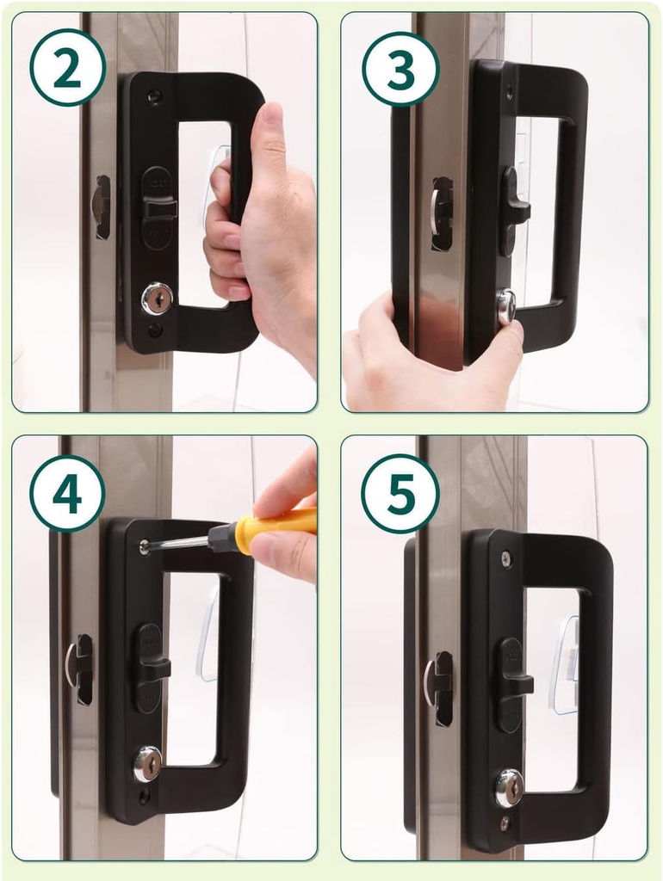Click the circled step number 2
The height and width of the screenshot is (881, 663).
(67, 67)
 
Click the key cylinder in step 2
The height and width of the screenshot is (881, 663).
(157, 299)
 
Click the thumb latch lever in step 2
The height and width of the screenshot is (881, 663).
(160, 207)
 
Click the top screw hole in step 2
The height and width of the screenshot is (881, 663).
(155, 96)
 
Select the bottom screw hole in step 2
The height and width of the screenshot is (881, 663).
(155, 330)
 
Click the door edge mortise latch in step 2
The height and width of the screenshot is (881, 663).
(101, 206)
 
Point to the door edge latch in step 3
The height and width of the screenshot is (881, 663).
(441, 213)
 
